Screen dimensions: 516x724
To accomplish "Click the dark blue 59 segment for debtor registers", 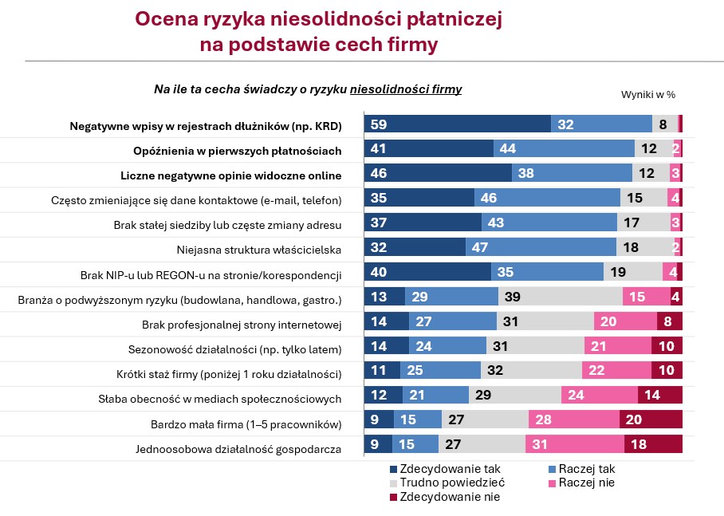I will click(x=457, y=124).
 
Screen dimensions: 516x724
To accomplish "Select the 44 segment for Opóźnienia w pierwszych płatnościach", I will click(x=564, y=149).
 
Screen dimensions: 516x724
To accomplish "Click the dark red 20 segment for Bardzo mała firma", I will click(x=651, y=423).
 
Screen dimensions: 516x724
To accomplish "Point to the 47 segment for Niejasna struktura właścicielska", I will click(x=541, y=249).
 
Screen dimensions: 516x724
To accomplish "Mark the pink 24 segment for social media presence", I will click(x=600, y=398).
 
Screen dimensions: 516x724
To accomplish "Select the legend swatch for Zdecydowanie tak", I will click(x=395, y=469).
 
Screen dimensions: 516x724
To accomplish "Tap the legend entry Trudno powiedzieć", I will click(x=451, y=483).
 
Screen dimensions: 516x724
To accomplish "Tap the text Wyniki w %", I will click(x=647, y=94).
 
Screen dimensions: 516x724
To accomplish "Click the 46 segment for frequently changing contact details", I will click(x=547, y=199).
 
